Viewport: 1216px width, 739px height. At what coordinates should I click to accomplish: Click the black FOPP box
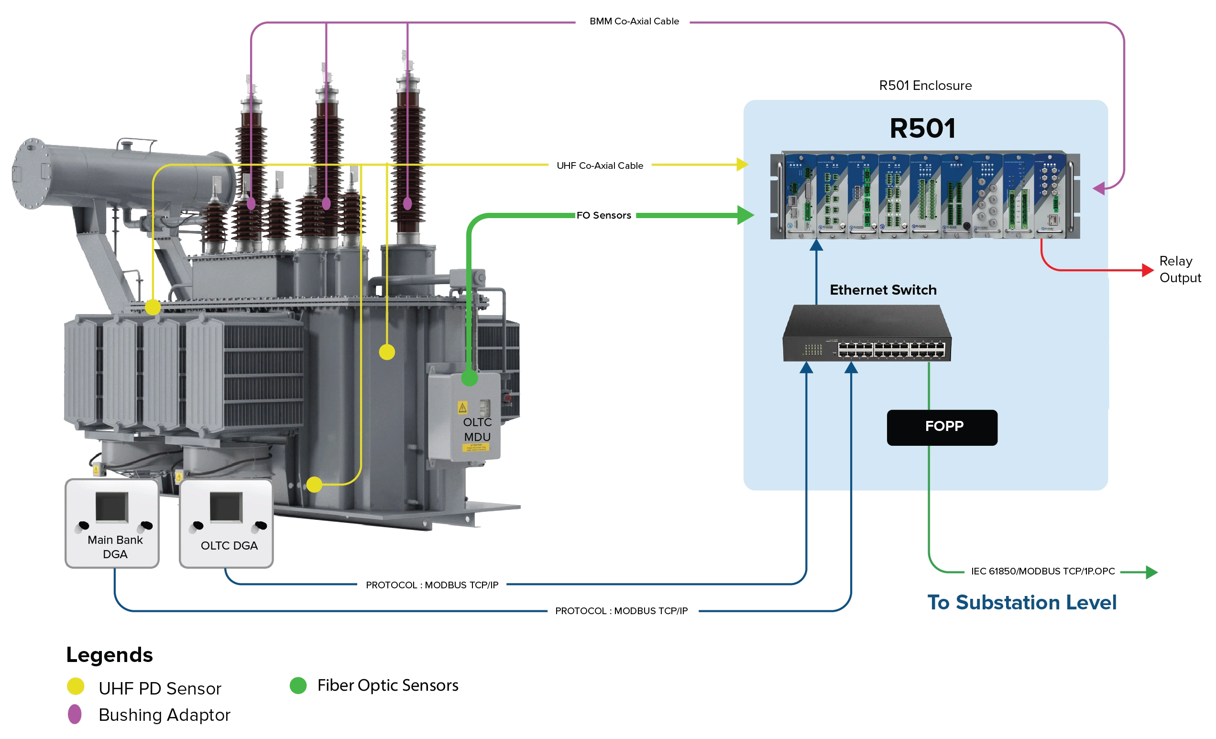coord(942,428)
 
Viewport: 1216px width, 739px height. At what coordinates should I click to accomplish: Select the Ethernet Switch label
coord(883,290)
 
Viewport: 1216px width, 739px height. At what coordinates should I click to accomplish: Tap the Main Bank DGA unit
coord(112,523)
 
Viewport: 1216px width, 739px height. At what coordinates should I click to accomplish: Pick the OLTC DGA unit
coord(226,523)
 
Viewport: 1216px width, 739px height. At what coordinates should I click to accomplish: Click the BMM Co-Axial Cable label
coord(634,21)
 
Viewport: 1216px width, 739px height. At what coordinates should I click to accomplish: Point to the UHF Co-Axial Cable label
coord(600,165)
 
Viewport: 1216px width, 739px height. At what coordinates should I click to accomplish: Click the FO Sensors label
coord(603,215)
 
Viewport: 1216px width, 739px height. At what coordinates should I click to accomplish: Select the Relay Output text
coord(1180,269)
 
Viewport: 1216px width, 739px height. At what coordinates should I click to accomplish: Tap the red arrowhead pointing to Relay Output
coord(1148,270)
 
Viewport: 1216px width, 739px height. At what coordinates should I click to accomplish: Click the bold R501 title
coord(922,128)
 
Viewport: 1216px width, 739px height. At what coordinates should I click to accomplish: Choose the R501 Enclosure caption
coord(925,86)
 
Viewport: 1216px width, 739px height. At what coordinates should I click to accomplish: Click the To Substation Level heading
coord(1021,602)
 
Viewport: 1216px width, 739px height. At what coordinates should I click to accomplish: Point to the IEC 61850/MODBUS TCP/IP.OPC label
coord(1043,571)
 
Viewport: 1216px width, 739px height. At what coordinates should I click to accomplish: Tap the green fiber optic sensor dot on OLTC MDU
coord(469,378)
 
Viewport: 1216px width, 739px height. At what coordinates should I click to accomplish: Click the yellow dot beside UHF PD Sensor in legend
coord(76,686)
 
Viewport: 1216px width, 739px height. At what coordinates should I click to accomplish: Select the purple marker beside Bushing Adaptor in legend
coord(75,714)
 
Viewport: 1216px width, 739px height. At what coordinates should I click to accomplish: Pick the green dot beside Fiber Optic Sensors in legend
coord(298,685)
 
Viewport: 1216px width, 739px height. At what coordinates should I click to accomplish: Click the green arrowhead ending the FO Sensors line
coord(745,215)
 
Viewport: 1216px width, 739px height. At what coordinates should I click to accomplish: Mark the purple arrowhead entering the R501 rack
coord(1098,188)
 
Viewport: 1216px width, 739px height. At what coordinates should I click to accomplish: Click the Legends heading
coord(110,655)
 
